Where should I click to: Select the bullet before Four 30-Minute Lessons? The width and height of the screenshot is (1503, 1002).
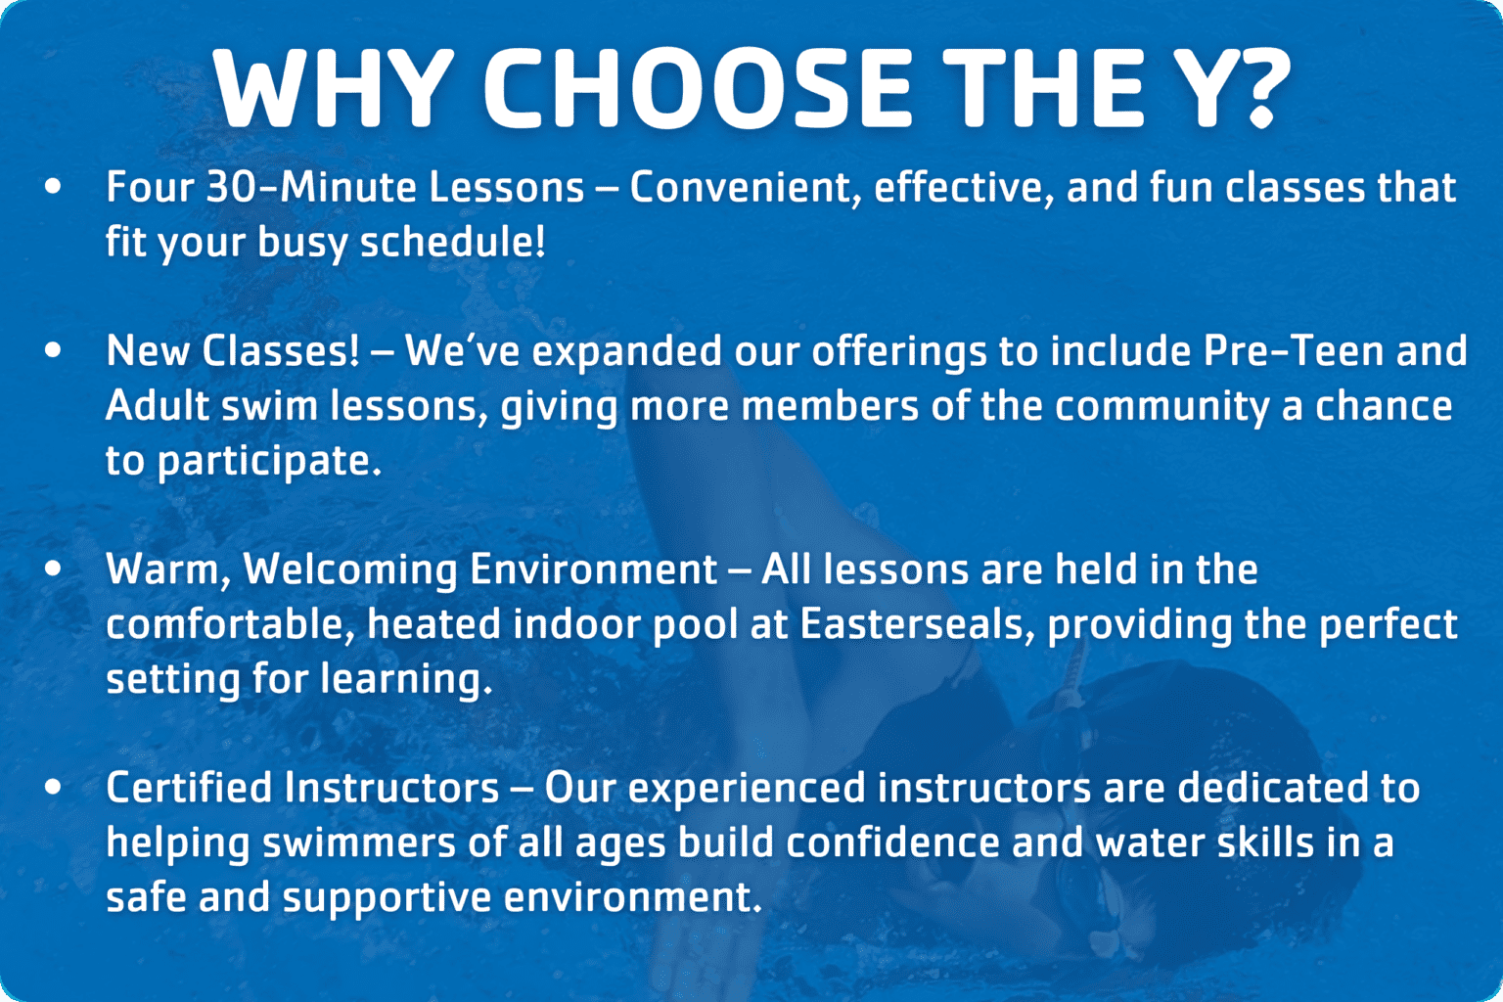[53, 185]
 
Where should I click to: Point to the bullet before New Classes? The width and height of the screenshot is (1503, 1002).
[53, 349]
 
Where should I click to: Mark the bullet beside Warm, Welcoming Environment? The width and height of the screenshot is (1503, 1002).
[53, 568]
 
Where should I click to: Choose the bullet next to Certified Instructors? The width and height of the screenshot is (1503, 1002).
[53, 786]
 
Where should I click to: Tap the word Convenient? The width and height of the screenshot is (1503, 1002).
[746, 187]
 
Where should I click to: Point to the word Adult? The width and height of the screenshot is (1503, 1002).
[158, 406]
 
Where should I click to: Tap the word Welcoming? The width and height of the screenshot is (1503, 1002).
[350, 569]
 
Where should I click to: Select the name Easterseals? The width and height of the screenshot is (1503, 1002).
[918, 624]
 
